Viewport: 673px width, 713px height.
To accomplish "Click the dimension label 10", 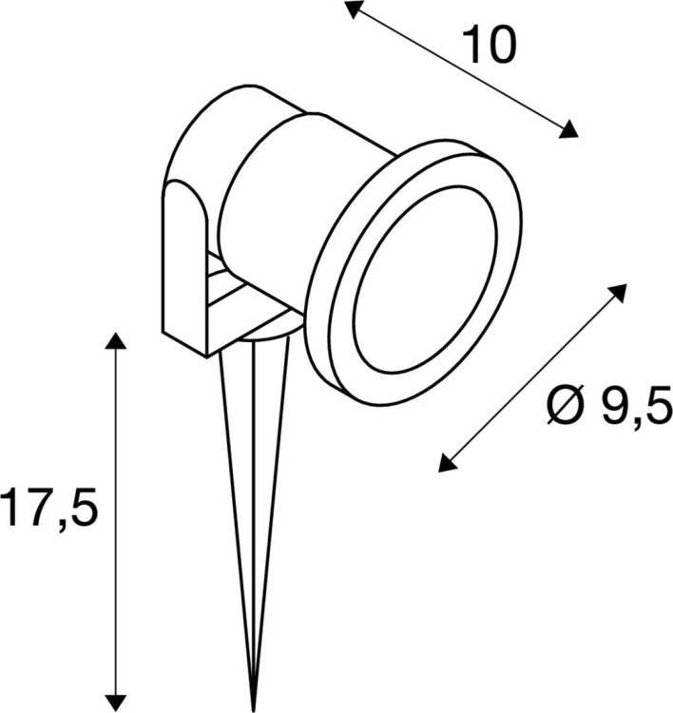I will (489, 45).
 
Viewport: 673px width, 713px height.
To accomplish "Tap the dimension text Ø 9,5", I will (609, 407).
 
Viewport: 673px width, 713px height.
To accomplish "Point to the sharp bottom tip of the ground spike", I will (254, 708).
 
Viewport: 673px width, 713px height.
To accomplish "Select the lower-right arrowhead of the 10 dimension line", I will (567, 130).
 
